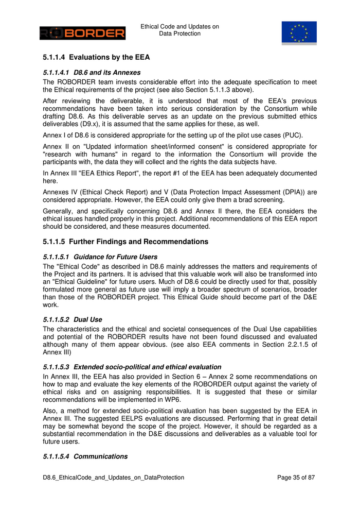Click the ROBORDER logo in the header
click(x=82, y=33)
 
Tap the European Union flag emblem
click(x=299, y=32)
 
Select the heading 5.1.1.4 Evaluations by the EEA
click(x=96, y=57)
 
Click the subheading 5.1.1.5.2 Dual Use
click(x=73, y=319)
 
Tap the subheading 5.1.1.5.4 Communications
click(x=85, y=456)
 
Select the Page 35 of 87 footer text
click(x=296, y=478)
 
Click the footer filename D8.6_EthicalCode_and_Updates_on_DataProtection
click(x=113, y=478)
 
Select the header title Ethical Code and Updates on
click(x=179, y=26)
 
